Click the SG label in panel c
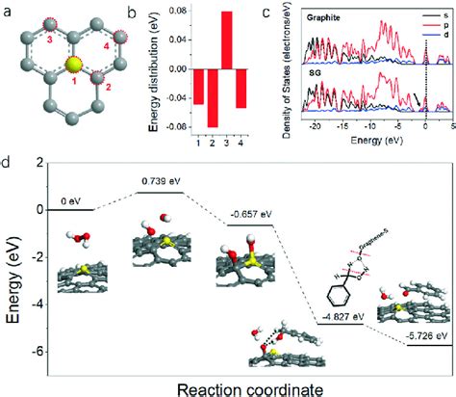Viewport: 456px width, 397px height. coord(314,78)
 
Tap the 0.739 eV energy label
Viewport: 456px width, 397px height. coord(158,182)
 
